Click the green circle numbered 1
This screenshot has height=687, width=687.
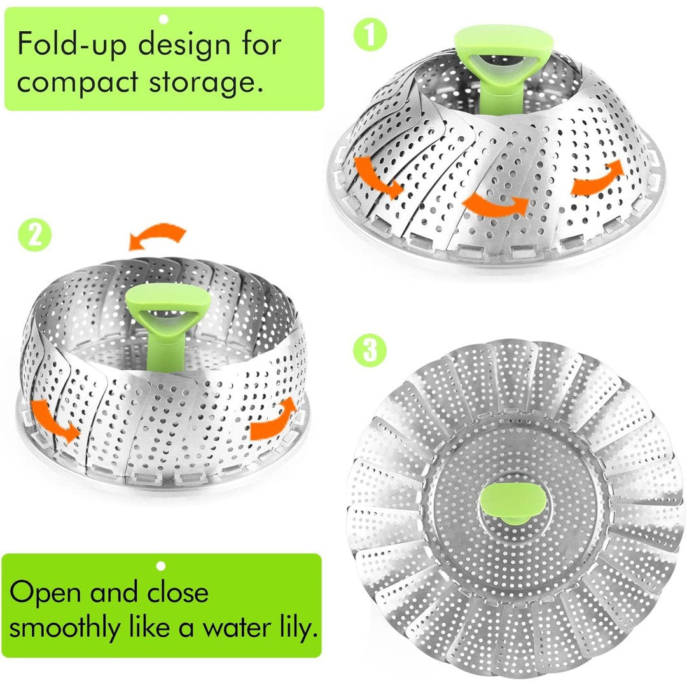tap(370, 34)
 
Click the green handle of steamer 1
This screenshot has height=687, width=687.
tap(504, 66)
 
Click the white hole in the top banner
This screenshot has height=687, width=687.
tap(164, 19)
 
